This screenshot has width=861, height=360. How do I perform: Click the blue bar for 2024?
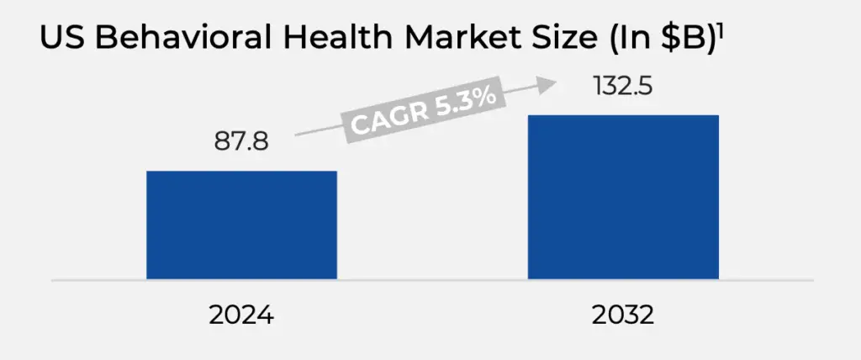[x=241, y=225]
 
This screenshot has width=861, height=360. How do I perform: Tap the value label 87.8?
[x=241, y=141]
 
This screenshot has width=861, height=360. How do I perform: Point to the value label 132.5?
[x=623, y=86]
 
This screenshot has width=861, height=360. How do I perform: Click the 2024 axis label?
[x=242, y=317]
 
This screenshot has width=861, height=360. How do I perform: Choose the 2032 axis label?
[x=623, y=317]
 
